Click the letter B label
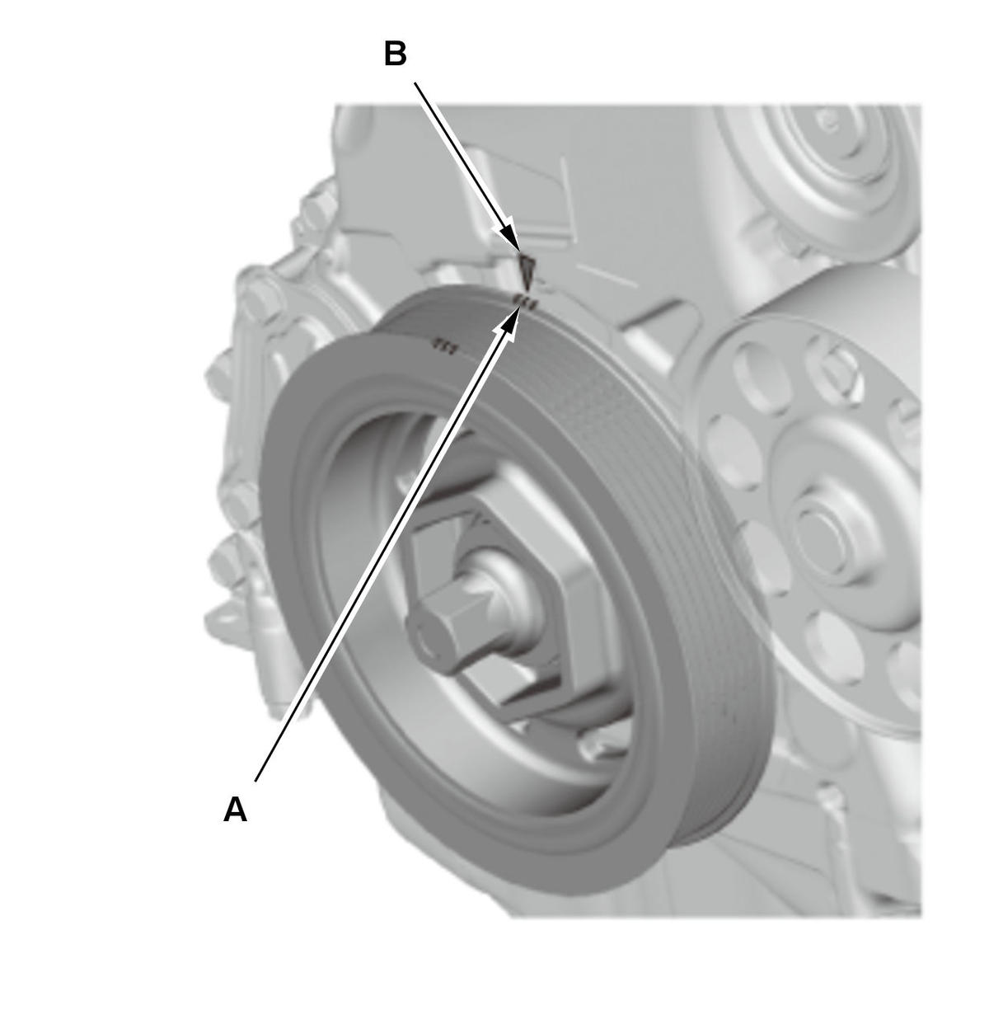click(395, 54)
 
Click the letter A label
click(235, 810)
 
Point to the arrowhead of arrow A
click(510, 321)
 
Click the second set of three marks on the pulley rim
click(445, 347)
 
